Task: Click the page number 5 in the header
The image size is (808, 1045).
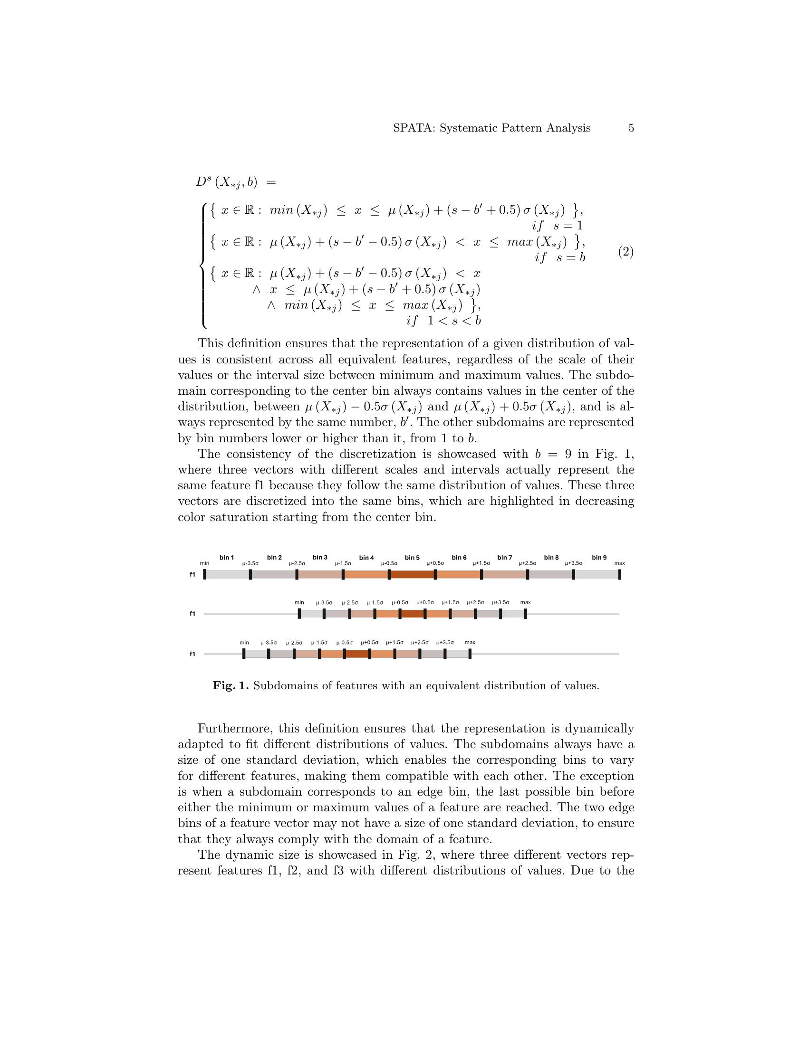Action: point(631,128)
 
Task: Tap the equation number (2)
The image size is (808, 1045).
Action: point(625,252)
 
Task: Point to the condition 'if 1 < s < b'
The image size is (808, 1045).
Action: point(443,321)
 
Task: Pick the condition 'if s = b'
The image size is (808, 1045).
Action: point(559,258)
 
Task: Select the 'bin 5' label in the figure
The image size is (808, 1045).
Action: point(412,558)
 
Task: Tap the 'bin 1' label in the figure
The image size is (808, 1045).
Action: point(227,558)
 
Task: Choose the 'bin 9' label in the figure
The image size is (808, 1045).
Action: point(599,558)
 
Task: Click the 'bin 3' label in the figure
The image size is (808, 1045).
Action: point(320,558)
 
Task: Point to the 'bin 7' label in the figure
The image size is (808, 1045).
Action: point(504,558)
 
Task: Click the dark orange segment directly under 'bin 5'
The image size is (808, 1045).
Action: point(412,574)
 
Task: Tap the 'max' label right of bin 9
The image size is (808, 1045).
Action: point(619,563)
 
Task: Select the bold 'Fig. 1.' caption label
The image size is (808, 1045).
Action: point(231,685)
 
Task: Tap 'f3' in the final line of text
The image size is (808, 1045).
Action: point(340,870)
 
